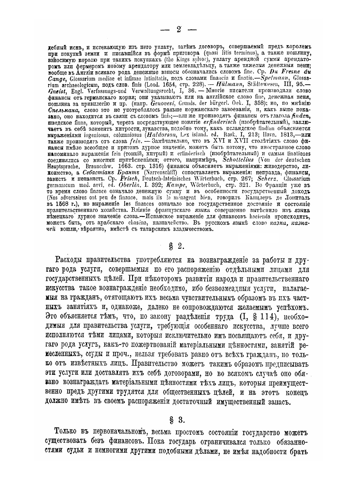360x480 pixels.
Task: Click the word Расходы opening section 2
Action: coord(70,261)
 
